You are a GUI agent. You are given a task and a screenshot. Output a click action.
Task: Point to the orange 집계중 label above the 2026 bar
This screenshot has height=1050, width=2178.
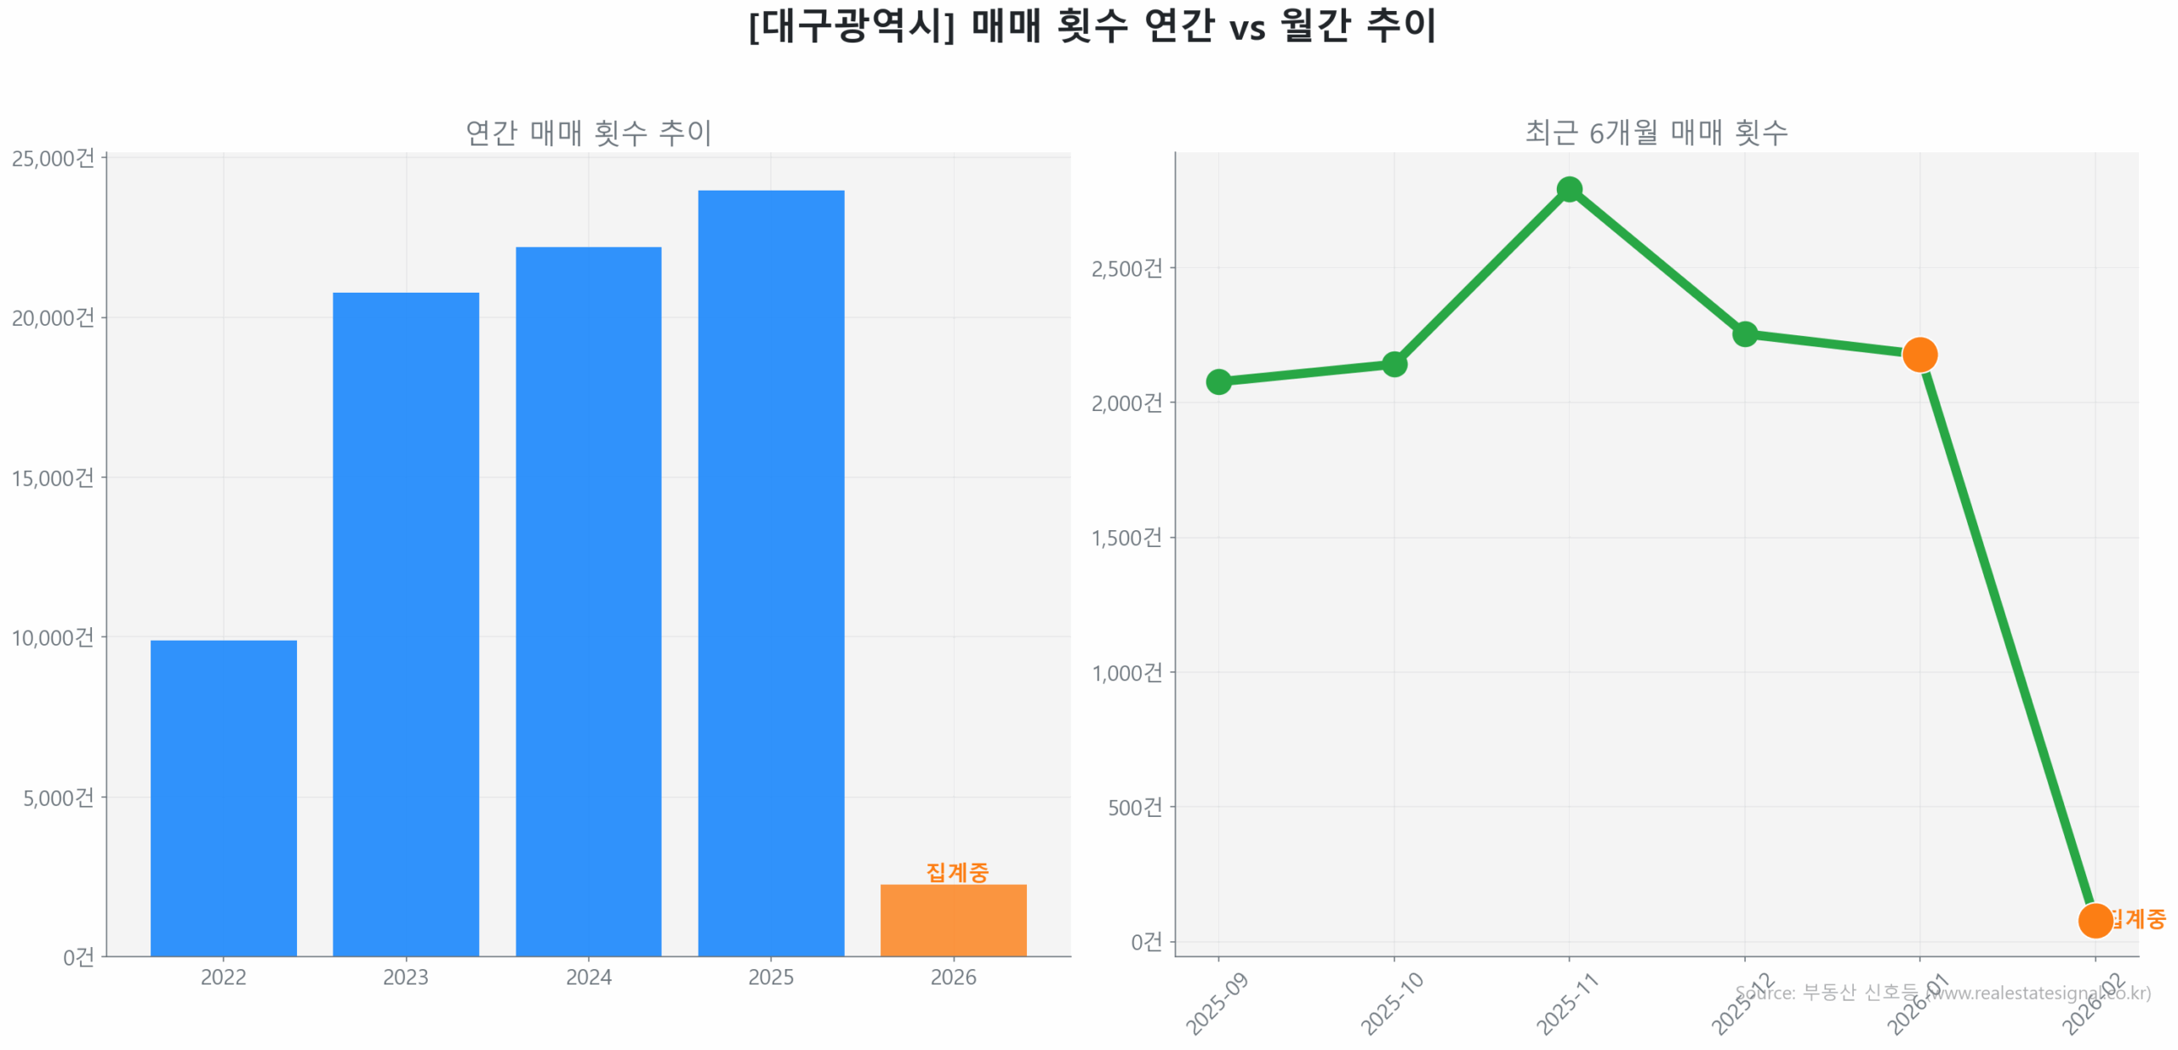tap(956, 871)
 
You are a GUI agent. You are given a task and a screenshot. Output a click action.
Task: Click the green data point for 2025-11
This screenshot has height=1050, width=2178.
tap(1568, 189)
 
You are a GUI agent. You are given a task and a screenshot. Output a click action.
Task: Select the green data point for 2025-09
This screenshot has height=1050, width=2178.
tap(1217, 381)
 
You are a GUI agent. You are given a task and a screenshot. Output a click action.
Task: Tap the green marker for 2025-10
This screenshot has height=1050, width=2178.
tap(1393, 364)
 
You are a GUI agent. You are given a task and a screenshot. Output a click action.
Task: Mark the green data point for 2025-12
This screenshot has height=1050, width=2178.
tap(1744, 334)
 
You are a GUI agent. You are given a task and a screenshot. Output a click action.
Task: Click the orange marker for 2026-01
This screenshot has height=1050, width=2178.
tap(1919, 354)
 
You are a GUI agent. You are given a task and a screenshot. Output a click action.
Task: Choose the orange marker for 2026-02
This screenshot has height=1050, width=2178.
tap(2094, 920)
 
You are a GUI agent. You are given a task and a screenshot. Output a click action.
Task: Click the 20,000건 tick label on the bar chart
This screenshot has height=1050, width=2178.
tap(53, 317)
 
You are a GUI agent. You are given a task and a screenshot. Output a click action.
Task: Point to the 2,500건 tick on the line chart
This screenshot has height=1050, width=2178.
tap(1126, 268)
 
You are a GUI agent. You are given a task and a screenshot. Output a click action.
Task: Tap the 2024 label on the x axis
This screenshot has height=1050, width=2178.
tap(588, 977)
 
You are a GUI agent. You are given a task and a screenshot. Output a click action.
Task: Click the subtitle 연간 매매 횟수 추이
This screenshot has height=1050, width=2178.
tap(588, 133)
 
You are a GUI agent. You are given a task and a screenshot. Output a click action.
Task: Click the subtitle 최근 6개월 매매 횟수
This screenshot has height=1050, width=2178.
tap(1656, 133)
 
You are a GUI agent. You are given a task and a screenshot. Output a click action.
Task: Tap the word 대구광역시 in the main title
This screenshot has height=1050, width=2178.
tap(851, 26)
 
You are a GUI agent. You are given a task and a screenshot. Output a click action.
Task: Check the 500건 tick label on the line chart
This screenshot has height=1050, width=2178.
tap(1133, 807)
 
